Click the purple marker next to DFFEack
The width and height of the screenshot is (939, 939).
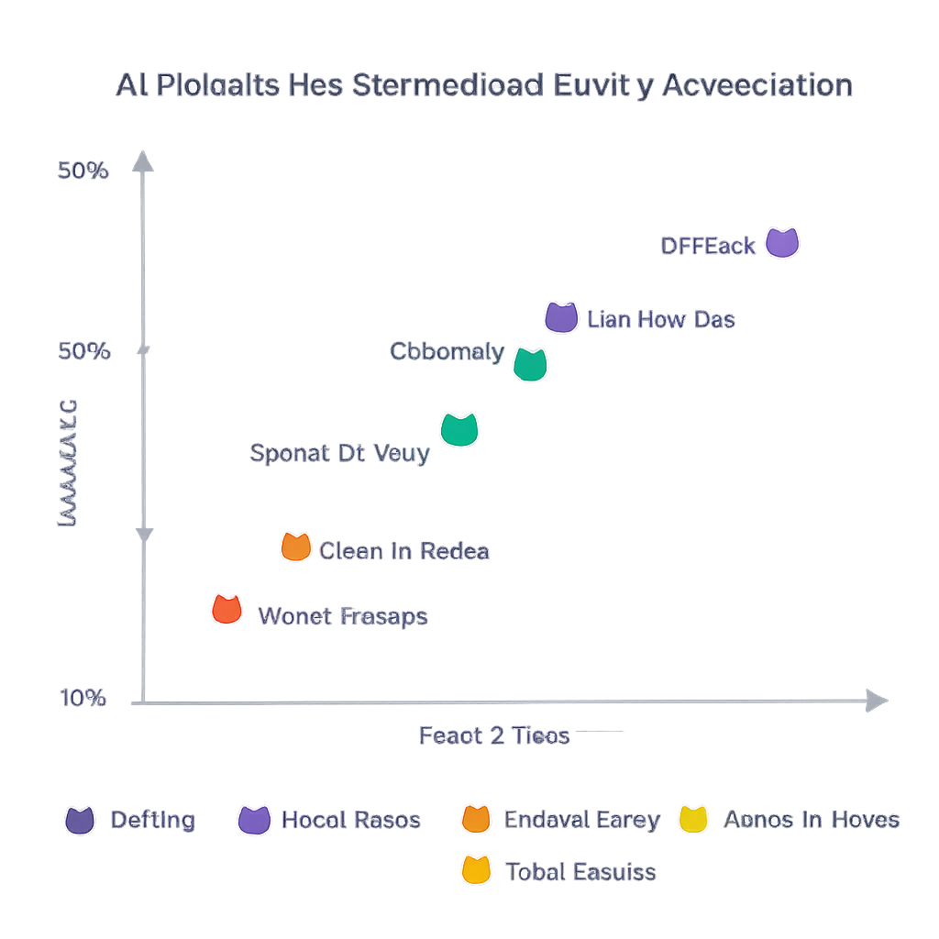[x=782, y=243]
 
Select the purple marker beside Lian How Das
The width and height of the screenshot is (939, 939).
[x=560, y=317]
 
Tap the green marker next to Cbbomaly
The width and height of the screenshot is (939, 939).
[x=530, y=364]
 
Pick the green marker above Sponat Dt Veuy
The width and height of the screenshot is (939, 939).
[x=459, y=429]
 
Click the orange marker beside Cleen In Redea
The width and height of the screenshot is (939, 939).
[x=295, y=547]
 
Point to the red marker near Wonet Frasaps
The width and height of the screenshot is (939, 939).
[x=226, y=609]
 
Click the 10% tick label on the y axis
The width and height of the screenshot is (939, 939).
[x=83, y=698]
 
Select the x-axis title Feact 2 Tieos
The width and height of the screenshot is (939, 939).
[x=494, y=735]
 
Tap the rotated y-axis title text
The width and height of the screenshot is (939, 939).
[x=68, y=463]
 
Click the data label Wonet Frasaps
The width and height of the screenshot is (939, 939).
[x=343, y=616]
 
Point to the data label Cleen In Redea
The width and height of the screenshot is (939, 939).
[x=403, y=551]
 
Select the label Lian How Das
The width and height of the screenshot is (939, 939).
[x=660, y=320]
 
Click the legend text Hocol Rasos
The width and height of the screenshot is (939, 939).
[x=350, y=820]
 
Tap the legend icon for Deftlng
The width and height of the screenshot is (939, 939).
[x=80, y=820]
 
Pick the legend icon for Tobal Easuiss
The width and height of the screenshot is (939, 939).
[x=476, y=869]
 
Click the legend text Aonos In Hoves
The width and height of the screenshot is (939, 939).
[x=812, y=820]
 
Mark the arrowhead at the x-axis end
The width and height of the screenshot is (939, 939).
[x=878, y=701]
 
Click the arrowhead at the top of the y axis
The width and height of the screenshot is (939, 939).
[x=142, y=162]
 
